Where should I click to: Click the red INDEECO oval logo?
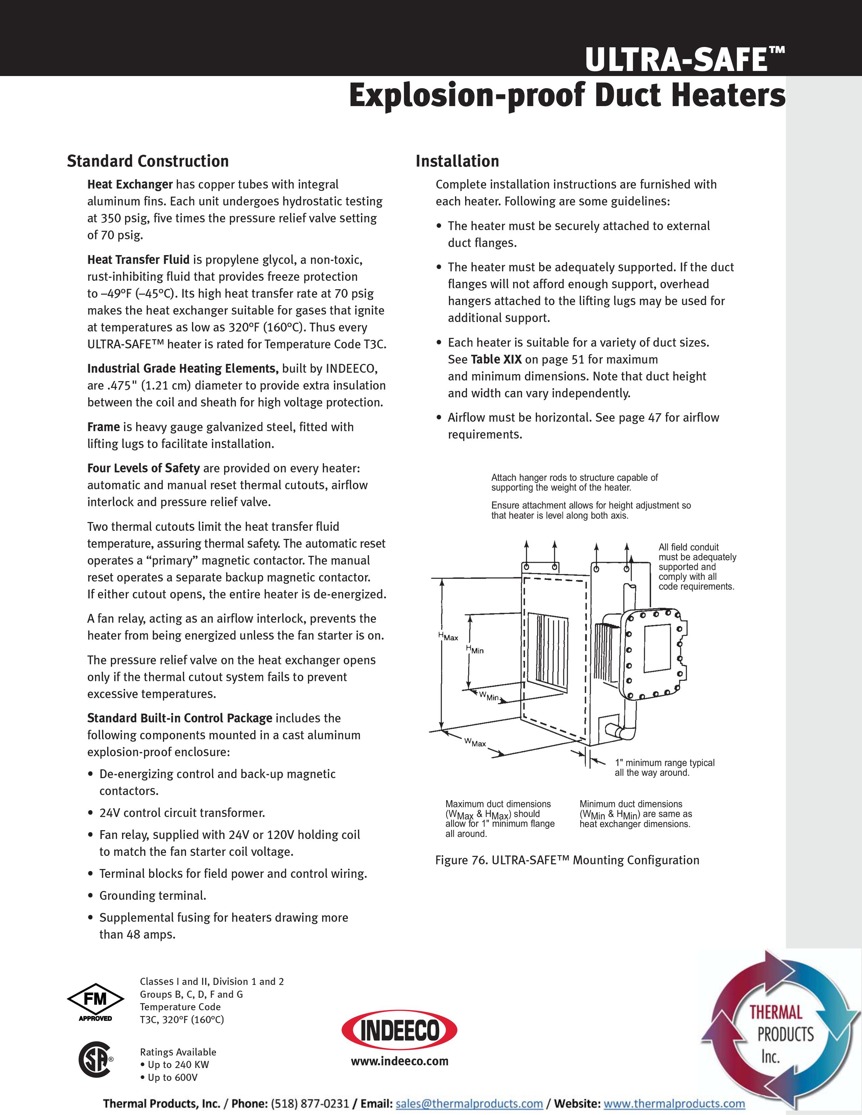coord(399,1031)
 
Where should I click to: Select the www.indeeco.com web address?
coord(399,1061)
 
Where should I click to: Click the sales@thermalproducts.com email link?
coord(469,1103)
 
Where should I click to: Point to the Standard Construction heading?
coord(148,161)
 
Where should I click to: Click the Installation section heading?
coord(457,161)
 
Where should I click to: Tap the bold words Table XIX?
coord(496,360)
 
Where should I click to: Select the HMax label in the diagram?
coord(448,637)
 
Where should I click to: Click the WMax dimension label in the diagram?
coord(475,742)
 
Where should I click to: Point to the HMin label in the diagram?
coord(474,649)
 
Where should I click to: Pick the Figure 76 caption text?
coord(567,860)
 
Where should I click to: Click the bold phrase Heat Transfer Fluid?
coord(138,260)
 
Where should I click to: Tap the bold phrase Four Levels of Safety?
coord(143,468)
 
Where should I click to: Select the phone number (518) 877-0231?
coord(309,1103)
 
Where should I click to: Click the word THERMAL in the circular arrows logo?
coord(776,1012)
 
